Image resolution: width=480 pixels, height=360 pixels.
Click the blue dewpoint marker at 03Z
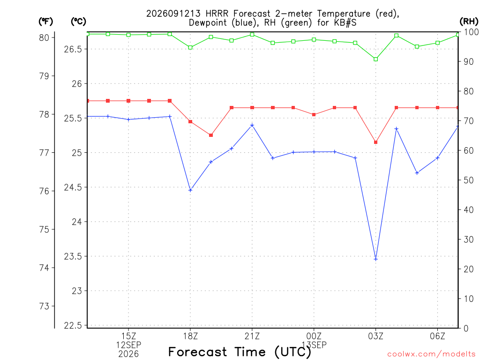pos(375,259)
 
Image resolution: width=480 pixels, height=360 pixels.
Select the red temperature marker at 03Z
pos(375,142)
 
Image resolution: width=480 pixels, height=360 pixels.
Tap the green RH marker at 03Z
pos(375,59)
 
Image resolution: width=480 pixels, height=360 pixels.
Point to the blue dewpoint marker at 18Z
pos(190,190)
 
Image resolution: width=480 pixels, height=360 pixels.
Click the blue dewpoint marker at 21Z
pos(252,125)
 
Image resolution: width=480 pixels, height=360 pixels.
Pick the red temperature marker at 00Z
pos(314,115)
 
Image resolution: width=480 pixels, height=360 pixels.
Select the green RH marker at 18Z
pos(190,47)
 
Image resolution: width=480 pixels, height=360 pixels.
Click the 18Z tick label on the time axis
pos(190,337)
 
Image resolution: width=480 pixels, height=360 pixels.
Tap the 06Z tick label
pos(437,337)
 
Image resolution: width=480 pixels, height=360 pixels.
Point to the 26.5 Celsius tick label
pos(73,49)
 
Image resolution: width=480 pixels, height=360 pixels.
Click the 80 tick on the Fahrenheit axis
pos(44,37)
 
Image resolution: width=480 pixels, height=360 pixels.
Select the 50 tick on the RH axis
pos(468,180)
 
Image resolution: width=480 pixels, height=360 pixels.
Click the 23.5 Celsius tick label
pos(73,256)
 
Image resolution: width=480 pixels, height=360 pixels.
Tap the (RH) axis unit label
pos(469,22)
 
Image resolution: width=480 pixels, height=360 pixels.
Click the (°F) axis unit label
pos(45,22)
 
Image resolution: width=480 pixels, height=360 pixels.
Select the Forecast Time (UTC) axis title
pos(240,352)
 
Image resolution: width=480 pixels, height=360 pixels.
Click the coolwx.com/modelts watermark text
pos(431,354)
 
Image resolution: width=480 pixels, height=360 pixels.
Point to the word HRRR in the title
pos(217,14)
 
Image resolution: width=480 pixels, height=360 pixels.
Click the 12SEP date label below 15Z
pos(128,345)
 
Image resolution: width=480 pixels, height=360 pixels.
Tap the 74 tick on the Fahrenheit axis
pos(44,268)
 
